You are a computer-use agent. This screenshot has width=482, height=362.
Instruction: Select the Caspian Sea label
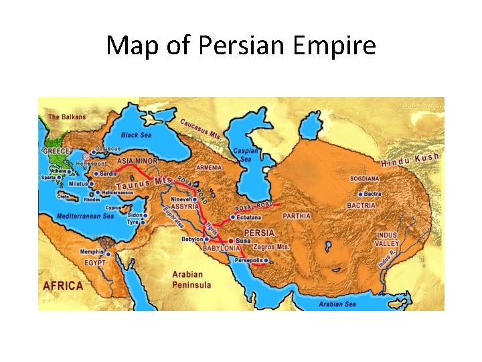pyautogui.click(x=245, y=155)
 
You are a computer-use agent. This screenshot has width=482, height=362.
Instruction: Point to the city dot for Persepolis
pyautogui.click(x=266, y=260)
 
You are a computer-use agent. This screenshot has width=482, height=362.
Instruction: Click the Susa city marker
pyautogui.click(x=231, y=239)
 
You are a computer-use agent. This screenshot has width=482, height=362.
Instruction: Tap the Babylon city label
pyautogui.click(x=192, y=239)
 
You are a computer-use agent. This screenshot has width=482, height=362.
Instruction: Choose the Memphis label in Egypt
pyautogui.click(x=92, y=252)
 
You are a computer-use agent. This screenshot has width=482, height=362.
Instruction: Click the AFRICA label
pyautogui.click(x=63, y=286)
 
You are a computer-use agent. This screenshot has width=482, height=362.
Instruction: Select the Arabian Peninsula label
pyautogui.click(x=191, y=280)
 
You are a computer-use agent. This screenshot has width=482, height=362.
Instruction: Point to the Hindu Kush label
pyautogui.click(x=410, y=160)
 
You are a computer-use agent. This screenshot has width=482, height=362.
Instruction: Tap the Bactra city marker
pyautogui.click(x=359, y=194)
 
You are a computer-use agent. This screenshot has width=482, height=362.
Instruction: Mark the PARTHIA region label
pyautogui.click(x=297, y=216)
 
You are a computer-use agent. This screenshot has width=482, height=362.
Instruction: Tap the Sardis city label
pyautogui.click(x=108, y=173)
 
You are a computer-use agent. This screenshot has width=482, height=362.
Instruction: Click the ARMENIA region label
pyautogui.click(x=210, y=167)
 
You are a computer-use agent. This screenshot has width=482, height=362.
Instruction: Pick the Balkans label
pyautogui.click(x=67, y=117)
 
